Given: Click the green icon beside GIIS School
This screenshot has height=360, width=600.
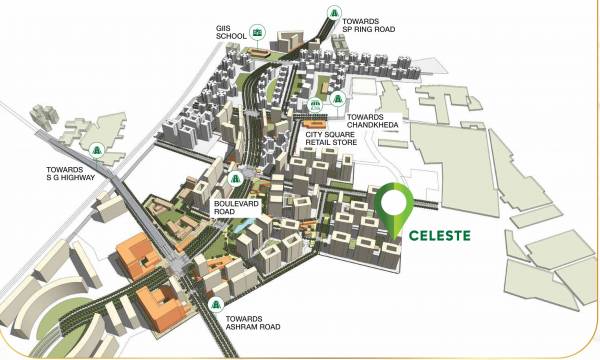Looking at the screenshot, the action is (x=259, y=33).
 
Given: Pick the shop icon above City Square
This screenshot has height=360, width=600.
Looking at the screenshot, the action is (x=316, y=104).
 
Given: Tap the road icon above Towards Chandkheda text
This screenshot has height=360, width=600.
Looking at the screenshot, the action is (x=339, y=100).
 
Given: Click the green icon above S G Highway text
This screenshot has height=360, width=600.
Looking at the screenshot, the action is (x=97, y=150).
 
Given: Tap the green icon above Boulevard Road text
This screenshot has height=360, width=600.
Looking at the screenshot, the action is (x=235, y=179).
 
